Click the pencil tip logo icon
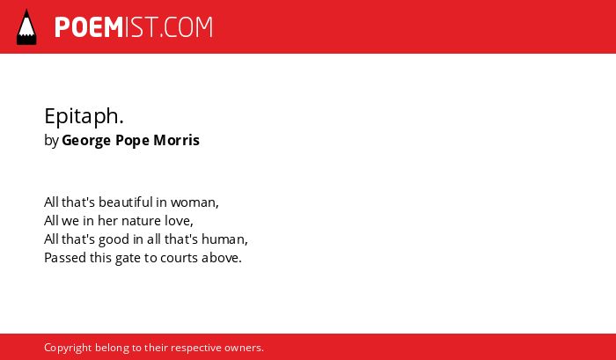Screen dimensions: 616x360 (26, 27)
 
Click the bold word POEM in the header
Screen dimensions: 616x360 (89, 27)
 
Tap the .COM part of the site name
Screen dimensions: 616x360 (187, 27)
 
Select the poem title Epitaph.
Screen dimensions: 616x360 (84, 117)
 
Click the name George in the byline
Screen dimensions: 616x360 (86, 141)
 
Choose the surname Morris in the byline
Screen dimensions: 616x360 (176, 140)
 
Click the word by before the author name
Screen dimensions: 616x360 (51, 141)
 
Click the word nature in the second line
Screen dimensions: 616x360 (139, 221)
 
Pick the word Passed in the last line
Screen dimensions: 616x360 (65, 258)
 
